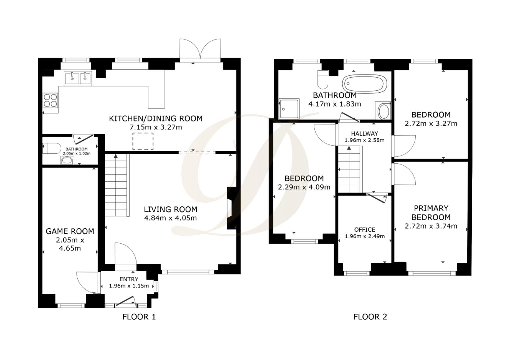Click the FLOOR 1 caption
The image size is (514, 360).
click(x=139, y=317)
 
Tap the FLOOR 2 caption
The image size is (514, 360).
click(x=370, y=317)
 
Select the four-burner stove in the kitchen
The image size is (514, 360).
click(x=50, y=100)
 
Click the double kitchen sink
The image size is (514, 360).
click(x=78, y=79)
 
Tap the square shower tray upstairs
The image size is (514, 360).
click(x=289, y=109)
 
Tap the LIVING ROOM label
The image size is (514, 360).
click(x=170, y=209)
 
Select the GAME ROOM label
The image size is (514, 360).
click(x=70, y=231)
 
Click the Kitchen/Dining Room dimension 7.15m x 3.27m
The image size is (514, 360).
click(x=156, y=127)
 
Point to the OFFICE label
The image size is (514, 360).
click(x=365, y=230)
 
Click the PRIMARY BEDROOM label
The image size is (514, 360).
click(x=431, y=213)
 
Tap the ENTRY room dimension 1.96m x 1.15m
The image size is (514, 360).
click(x=129, y=286)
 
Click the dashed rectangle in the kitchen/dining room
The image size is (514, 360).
click(x=143, y=141)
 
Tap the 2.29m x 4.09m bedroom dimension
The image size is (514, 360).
click(x=304, y=187)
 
